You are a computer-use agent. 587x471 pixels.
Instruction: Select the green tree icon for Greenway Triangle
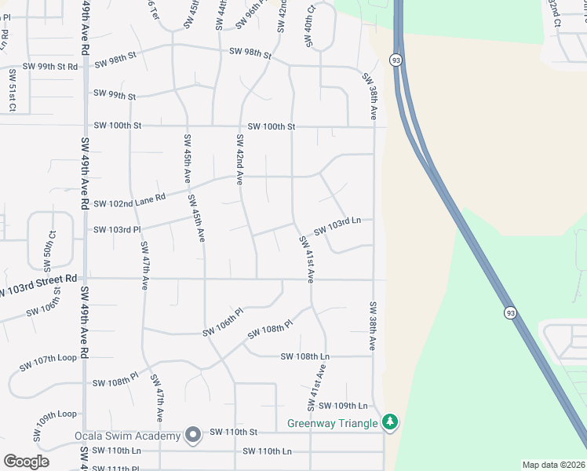390,423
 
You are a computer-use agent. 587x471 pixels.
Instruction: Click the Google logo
26,461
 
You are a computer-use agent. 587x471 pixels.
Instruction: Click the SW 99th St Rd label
51,67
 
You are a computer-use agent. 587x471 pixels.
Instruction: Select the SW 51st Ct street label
13,89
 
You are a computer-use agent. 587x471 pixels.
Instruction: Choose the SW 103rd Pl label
116,230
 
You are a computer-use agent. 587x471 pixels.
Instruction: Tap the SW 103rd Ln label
337,227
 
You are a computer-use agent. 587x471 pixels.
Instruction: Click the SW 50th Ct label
53,246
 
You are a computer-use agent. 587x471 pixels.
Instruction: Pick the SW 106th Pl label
224,332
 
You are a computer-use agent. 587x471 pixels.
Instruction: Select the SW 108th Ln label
305,356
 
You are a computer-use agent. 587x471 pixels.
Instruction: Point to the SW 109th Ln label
343,406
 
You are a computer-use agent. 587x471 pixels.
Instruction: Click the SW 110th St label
234,432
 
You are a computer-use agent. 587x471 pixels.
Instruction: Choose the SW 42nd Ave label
239,159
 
